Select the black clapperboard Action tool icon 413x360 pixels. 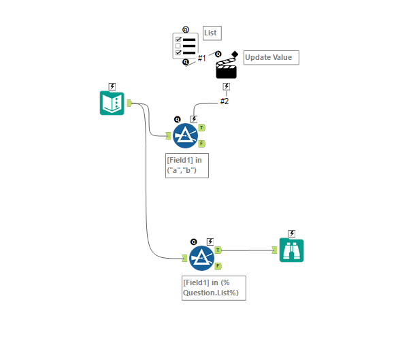coord(226,67)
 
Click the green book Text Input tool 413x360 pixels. coord(112,103)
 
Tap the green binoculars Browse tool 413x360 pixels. coord(292,250)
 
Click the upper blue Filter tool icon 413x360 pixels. coord(185,135)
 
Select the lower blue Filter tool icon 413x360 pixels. coord(201,258)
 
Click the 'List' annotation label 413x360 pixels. coord(212,33)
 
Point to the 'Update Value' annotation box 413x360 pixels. coord(271,57)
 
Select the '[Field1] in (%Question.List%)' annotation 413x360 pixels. coord(213,287)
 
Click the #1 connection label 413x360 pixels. coord(202,59)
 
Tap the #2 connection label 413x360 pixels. coord(225,101)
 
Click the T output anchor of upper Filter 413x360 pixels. coord(202,127)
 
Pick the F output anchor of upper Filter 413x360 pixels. coord(201,144)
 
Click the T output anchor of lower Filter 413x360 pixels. coord(218,250)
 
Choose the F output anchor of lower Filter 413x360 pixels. coord(218,266)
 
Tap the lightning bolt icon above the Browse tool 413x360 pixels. coord(292,233)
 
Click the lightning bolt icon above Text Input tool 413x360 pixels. coord(112,86)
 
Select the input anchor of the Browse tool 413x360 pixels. coord(275,250)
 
